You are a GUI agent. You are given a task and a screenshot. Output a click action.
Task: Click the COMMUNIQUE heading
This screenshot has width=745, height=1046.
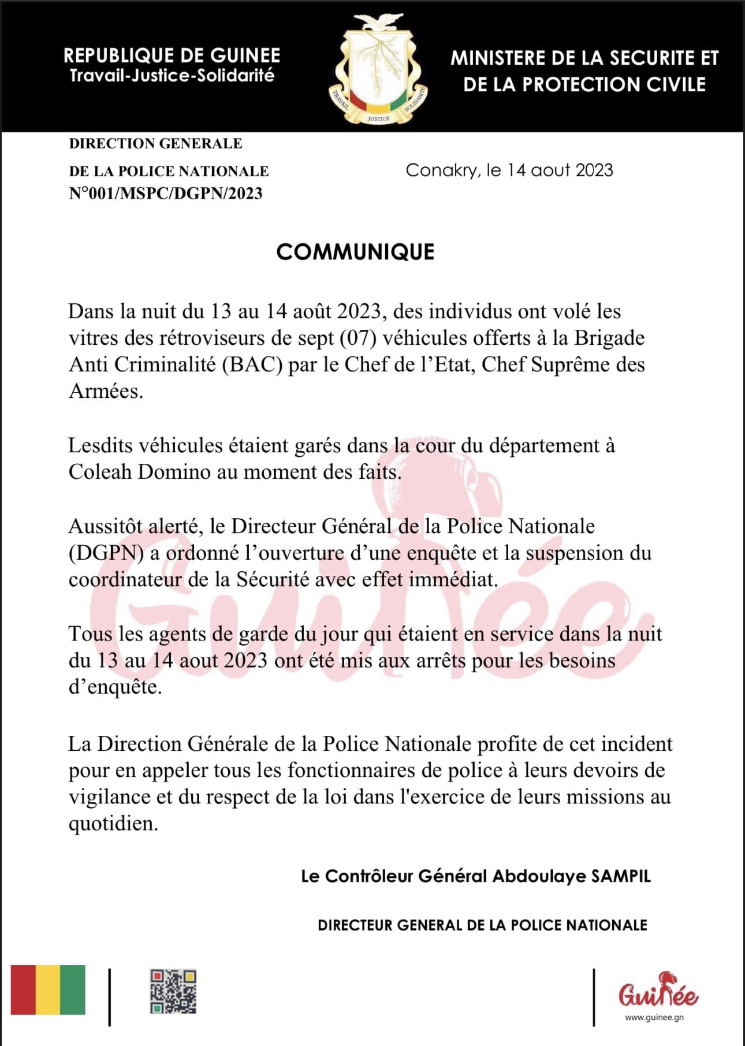tap(355, 252)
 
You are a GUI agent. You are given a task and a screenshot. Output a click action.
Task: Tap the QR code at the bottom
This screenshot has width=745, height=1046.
tap(173, 991)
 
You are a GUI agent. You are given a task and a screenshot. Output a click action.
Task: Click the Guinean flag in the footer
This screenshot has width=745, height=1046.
tap(48, 989)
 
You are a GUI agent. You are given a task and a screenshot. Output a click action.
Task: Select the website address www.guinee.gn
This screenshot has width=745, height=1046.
tap(654, 1017)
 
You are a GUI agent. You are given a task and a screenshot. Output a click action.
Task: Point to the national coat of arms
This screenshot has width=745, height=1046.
tap(378, 69)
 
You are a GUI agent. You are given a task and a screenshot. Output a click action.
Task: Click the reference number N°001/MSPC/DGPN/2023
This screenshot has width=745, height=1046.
tap(166, 193)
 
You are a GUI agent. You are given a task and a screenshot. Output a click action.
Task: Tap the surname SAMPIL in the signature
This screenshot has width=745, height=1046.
tap(621, 876)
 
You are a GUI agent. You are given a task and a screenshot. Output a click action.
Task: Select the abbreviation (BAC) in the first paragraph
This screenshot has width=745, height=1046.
tap(252, 364)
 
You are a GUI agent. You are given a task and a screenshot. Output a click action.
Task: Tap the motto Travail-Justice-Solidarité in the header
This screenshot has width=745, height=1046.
tap(172, 76)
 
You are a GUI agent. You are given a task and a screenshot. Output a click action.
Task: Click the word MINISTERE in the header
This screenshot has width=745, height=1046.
tap(498, 58)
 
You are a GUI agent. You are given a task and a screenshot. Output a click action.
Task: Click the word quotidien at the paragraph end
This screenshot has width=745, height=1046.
tap(113, 824)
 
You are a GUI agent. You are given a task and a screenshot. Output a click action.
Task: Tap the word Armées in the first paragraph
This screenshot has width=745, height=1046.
tap(105, 392)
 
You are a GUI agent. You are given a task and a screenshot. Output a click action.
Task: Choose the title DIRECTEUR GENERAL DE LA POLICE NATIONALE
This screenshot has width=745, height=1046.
tap(482, 925)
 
